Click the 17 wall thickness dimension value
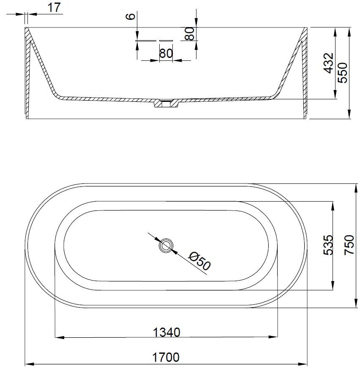coord(54,8)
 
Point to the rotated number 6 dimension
coord(131,16)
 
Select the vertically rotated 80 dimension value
coord(190,33)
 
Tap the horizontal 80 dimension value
coord(166,53)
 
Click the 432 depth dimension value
coord(328,63)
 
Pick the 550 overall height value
coord(342,73)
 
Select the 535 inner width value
coord(328,245)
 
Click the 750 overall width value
coord(349,245)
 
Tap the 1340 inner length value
coord(166,332)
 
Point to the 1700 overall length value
coord(166,357)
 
